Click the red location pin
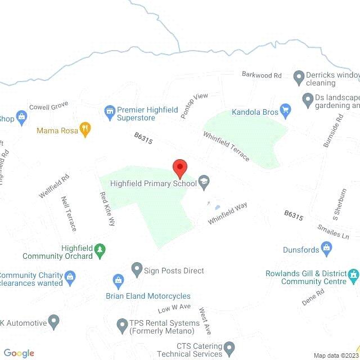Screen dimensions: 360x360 (179, 168)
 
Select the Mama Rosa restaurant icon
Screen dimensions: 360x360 (85, 130)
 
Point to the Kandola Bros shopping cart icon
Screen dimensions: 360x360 (286, 111)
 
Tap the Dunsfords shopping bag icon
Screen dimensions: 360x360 (326, 247)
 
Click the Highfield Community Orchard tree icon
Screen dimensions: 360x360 (100, 251)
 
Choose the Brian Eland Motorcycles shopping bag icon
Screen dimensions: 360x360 (118, 280)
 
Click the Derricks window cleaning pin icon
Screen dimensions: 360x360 (299, 76)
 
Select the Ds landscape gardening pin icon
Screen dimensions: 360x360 (308, 100)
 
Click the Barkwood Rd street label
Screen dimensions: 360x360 (262, 75)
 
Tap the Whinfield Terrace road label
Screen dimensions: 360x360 (227, 146)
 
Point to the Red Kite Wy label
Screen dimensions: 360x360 (107, 209)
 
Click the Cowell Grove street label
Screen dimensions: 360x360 (48, 106)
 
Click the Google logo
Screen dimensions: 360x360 (19, 353)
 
